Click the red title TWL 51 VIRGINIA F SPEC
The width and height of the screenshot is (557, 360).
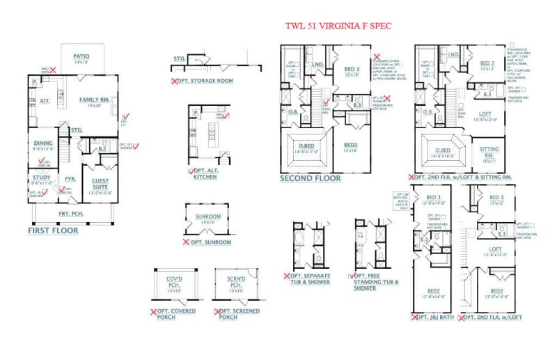tap(338, 26)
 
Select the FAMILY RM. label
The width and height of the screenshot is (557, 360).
tap(90, 102)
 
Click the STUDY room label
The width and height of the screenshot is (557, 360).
tap(41, 178)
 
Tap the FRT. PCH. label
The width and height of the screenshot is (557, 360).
tap(71, 213)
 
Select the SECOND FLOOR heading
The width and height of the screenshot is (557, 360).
tap(311, 178)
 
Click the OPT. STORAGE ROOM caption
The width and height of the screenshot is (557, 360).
tap(205, 81)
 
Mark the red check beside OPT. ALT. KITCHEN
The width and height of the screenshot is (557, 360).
tap(191, 172)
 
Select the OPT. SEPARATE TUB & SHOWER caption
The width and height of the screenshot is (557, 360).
tap(311, 280)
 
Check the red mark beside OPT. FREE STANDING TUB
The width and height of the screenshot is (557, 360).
tap(354, 276)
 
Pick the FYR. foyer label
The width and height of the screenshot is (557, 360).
tap(70, 179)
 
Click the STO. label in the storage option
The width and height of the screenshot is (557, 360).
tap(180, 59)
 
